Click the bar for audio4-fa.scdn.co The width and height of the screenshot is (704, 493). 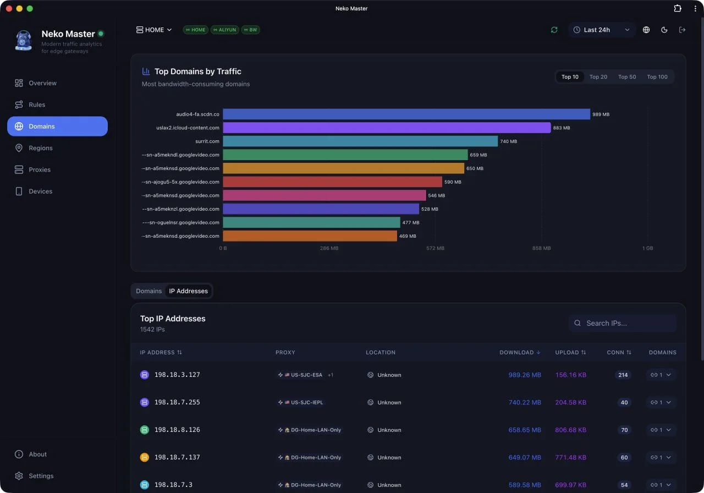(406, 114)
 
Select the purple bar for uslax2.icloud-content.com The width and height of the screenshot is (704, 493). (387, 128)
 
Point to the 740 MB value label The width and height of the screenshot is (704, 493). (508, 141)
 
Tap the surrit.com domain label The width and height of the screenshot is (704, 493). (207, 141)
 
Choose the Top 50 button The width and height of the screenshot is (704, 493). (626, 76)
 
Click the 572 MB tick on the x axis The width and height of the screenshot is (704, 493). (435, 248)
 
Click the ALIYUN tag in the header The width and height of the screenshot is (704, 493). (224, 30)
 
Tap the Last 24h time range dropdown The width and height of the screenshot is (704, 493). (602, 30)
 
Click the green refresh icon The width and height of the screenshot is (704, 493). (554, 30)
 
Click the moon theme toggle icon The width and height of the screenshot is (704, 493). (664, 30)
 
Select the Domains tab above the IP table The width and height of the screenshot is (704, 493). (148, 291)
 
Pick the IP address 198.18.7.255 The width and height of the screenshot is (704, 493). (177, 402)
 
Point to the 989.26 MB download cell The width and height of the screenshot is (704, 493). (525, 375)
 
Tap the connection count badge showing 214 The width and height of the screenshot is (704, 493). (623, 375)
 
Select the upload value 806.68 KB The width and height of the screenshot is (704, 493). (570, 430)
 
